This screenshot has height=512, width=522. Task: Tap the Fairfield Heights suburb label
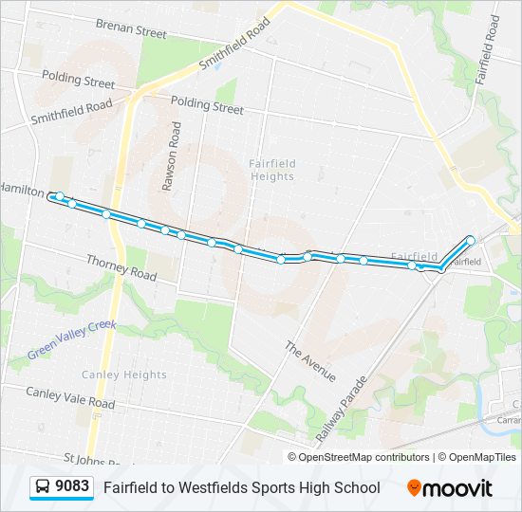coord(272,170)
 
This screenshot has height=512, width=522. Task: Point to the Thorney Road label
coord(121,266)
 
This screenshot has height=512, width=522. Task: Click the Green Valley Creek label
coord(71,339)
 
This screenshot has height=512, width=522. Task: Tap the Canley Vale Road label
coord(70,397)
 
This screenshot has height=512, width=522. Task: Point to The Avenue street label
coord(310,361)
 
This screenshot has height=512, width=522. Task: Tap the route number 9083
coord(72,487)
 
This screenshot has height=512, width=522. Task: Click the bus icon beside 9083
coord(43,487)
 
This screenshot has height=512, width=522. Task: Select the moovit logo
coord(450,487)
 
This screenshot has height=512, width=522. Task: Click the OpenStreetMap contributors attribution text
coord(364,457)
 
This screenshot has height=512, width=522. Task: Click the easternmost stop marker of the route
coord(470,239)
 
